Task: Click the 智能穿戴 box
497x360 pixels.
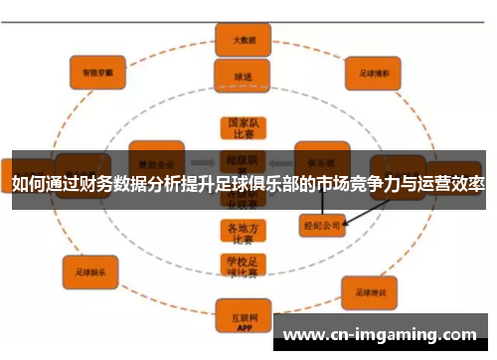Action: click(x=95, y=72)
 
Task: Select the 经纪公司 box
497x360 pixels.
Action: click(x=322, y=226)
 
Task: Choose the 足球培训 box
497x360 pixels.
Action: click(x=370, y=291)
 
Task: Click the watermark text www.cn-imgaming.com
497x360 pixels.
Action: click(x=382, y=335)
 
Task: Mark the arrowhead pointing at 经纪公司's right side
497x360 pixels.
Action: click(x=348, y=223)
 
